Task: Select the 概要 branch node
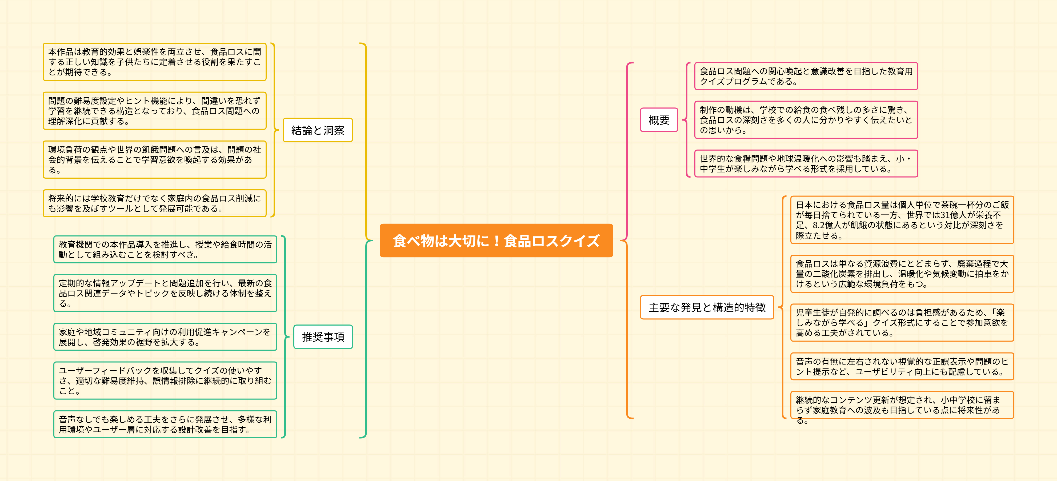click(x=659, y=120)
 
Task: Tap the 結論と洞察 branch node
click(x=318, y=130)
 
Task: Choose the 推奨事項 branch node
click(x=323, y=337)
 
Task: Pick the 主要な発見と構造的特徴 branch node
click(x=707, y=307)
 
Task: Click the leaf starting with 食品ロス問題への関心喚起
click(x=806, y=76)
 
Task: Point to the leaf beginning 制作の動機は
click(x=806, y=120)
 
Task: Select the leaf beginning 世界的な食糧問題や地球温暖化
click(x=806, y=164)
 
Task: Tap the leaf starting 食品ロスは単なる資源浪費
click(x=902, y=274)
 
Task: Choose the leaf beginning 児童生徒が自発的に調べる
click(x=902, y=323)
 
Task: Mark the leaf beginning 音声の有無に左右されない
click(x=902, y=367)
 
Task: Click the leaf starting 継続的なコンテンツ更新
click(x=902, y=405)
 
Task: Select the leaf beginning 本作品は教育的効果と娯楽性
click(x=154, y=62)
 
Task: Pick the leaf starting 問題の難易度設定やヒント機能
click(x=154, y=111)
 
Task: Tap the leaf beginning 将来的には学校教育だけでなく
click(x=154, y=203)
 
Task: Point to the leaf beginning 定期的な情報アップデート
click(x=165, y=293)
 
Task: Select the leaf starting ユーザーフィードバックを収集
click(x=165, y=380)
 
